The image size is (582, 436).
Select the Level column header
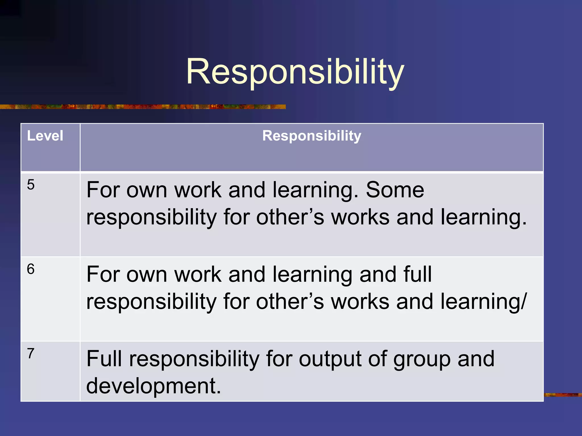(x=45, y=136)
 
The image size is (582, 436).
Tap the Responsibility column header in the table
(x=311, y=136)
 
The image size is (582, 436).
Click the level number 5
(x=31, y=185)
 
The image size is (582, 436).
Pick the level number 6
(x=31, y=269)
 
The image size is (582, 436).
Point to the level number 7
(x=31, y=353)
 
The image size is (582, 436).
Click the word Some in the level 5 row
(x=395, y=190)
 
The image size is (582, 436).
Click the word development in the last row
(x=153, y=386)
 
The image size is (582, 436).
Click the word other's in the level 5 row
(x=290, y=217)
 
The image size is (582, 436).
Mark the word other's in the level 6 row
(x=290, y=301)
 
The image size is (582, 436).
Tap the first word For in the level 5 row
(x=102, y=190)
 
